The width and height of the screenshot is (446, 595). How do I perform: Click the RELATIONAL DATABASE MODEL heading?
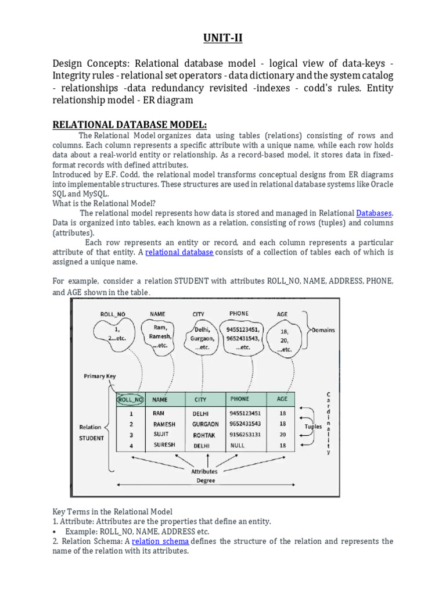130,125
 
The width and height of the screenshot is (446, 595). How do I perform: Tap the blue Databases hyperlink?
374,213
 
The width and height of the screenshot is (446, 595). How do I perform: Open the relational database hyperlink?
179,252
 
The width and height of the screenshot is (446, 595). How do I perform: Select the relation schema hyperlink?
160,541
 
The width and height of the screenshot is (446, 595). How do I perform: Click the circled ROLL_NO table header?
130,399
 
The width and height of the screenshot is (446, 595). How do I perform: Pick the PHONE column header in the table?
239,399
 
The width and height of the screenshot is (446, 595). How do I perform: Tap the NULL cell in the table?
238,445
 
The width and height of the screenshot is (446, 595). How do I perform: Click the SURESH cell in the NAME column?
164,445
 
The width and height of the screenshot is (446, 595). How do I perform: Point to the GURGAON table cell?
206,424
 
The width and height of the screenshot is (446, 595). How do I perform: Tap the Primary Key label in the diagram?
100,376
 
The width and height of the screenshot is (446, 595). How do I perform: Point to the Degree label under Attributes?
205,481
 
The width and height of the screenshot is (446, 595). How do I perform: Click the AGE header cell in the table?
282,399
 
